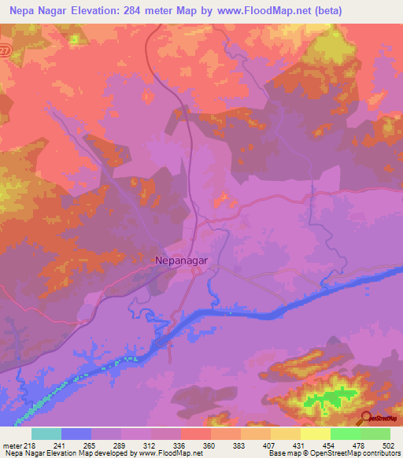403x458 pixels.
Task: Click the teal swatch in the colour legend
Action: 46,434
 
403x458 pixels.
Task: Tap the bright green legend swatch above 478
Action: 345,434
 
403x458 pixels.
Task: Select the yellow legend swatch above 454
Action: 315,434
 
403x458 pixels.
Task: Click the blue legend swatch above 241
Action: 76,434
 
